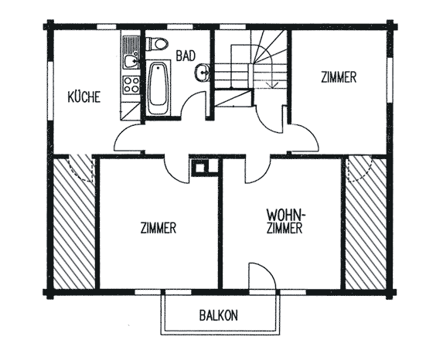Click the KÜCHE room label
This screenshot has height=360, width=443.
(84, 97)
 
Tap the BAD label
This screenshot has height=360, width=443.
(186, 56)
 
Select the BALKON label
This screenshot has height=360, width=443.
(218, 315)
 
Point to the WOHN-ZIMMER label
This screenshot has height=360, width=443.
(285, 222)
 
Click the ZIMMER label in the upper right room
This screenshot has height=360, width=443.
(339, 77)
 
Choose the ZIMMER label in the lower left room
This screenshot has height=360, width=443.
(158, 228)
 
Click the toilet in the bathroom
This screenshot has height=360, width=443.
(157, 44)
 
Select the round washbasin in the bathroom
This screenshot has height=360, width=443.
(202, 73)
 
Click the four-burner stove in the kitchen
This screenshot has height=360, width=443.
(131, 85)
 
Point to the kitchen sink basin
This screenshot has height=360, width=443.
(131, 61)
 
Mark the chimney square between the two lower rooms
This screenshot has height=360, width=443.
(201, 168)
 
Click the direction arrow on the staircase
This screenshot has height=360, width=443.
(272, 85)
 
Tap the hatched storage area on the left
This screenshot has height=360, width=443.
(74, 223)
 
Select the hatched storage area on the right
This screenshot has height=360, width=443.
(366, 223)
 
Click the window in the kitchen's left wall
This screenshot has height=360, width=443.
(50, 91)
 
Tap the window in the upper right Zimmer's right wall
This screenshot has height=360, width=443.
(390, 80)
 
